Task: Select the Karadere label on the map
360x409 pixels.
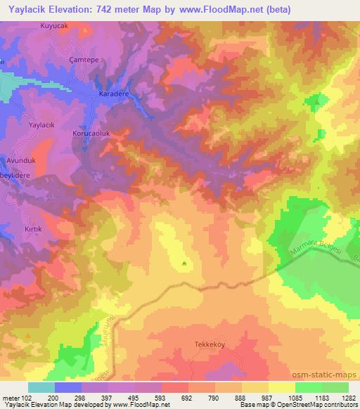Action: pyautogui.click(x=112, y=92)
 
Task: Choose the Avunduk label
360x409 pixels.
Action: pyautogui.click(x=20, y=160)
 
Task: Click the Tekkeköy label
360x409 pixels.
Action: pyautogui.click(x=209, y=344)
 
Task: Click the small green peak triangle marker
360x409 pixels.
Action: pyautogui.click(x=184, y=264)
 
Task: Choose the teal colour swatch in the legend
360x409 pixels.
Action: pyautogui.click(x=41, y=387)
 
